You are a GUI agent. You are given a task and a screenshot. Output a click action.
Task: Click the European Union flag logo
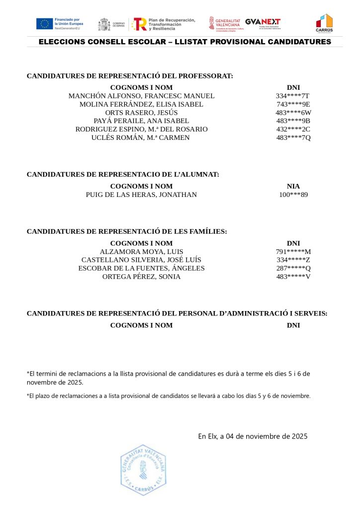(45, 23)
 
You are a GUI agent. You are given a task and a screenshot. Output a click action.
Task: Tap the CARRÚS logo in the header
(324, 23)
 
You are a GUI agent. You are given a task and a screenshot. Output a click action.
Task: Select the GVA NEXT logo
(263, 23)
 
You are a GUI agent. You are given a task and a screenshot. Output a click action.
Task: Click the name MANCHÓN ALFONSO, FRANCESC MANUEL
(142, 96)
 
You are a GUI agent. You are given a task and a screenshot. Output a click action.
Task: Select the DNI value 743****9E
(293, 104)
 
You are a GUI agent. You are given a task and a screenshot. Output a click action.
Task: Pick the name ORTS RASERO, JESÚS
(142, 113)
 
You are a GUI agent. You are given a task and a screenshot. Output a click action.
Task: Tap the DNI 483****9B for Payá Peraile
(293, 121)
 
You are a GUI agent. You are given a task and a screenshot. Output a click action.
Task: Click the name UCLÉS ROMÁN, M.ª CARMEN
(141, 137)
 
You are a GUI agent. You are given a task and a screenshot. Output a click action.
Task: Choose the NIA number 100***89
(293, 194)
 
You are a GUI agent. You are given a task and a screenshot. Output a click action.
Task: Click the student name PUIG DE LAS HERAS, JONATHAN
(142, 194)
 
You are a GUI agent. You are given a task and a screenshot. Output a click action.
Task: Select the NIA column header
(293, 186)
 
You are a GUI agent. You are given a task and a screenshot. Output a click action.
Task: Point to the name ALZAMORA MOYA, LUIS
(142, 252)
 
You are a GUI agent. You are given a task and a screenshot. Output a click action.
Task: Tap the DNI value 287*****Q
(293, 268)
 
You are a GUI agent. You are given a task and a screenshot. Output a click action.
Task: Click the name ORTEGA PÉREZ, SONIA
(142, 276)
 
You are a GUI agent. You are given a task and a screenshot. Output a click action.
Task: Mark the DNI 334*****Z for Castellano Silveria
(293, 260)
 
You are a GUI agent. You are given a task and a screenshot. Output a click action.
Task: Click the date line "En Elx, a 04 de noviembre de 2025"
(253, 437)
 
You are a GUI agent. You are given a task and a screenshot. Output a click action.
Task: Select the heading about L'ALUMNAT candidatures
(123, 174)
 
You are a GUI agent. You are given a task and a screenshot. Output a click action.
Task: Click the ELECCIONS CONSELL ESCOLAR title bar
(185, 42)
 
